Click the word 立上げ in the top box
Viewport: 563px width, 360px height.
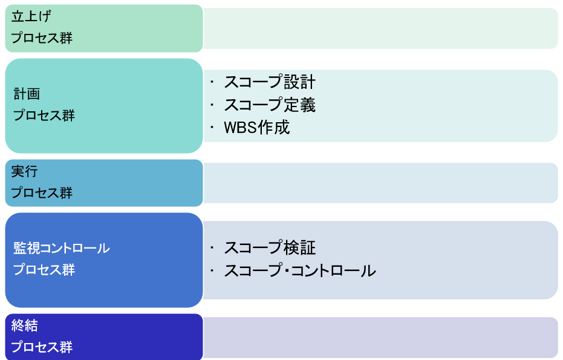(31, 16)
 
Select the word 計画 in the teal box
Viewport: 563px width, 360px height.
(27, 94)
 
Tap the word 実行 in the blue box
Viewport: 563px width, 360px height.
(24, 171)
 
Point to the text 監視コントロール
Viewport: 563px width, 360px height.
(62, 248)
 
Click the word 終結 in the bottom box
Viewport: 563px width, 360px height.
(24, 326)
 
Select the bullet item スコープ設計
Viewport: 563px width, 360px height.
(270, 82)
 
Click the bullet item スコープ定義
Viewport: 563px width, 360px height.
(270, 105)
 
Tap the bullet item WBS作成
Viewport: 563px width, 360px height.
(257, 128)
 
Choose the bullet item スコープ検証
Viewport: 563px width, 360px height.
(270, 248)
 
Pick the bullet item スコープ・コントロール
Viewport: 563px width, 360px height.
(300, 271)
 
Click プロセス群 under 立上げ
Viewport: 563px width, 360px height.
(42, 38)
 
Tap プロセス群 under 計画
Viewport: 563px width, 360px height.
(44, 116)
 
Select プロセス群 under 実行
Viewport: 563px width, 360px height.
(42, 193)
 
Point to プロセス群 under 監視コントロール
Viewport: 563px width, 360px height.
(44, 270)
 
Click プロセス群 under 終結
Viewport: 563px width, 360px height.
(42, 347)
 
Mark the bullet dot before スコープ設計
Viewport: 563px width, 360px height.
(212, 82)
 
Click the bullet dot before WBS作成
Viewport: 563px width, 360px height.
(212, 128)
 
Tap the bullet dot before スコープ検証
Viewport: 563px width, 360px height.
(212, 248)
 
